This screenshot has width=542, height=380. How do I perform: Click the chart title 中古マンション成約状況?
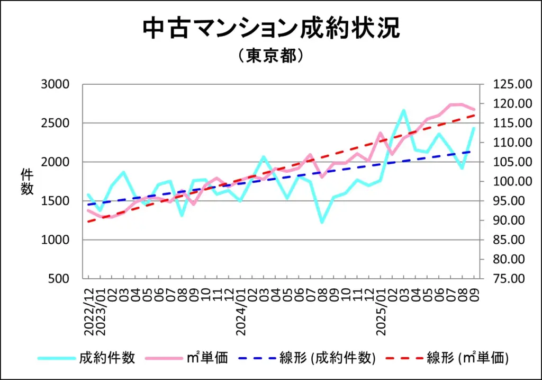[x=271, y=30]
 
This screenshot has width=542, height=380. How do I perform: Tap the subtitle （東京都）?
[x=270, y=56]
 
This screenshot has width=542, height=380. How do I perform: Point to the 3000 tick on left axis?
[x=55, y=84]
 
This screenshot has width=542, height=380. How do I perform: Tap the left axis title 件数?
[x=27, y=181]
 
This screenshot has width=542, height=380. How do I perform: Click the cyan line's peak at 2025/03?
[x=403, y=110]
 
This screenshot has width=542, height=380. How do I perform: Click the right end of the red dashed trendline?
[x=474, y=115]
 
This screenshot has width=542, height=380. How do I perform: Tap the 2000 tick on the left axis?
[x=55, y=162]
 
